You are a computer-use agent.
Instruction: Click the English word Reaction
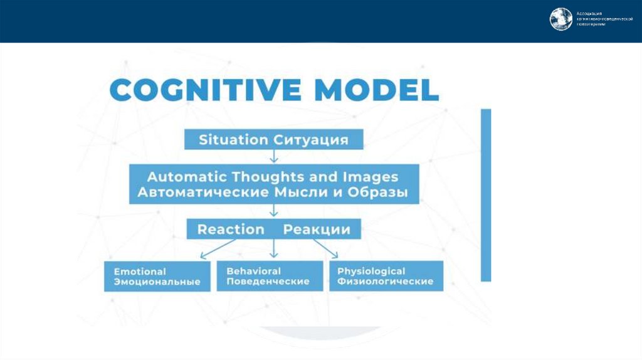[x=231, y=229]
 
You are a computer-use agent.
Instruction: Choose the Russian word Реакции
[x=317, y=229]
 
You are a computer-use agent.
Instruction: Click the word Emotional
[x=140, y=272]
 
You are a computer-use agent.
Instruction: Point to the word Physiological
[x=371, y=271]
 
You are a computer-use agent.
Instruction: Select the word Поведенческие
[x=268, y=282]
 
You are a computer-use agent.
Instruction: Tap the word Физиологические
[x=385, y=282]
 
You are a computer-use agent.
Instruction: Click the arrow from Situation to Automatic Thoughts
[x=274, y=157]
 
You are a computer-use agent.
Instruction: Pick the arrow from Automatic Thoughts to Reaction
[x=274, y=211]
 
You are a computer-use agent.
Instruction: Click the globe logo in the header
[x=561, y=19]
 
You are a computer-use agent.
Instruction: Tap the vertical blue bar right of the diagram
[x=486, y=194]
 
